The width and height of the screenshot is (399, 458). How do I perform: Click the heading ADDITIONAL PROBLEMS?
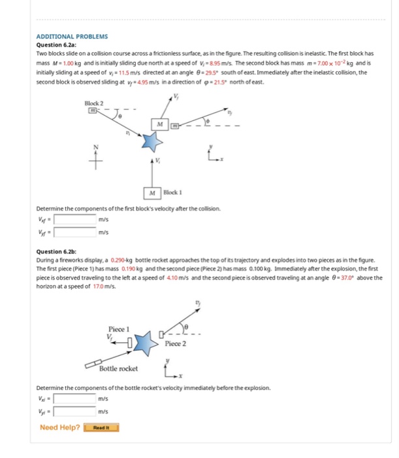pos(72,37)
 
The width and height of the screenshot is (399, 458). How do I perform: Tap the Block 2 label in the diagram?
pos(94,104)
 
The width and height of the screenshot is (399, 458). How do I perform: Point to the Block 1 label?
pos(172,193)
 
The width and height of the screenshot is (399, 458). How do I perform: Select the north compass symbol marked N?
pos(99,154)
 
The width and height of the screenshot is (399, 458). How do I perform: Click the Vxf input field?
pos(76,219)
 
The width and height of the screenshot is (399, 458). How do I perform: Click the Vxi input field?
pos(76,399)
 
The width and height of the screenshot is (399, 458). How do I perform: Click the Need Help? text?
pos(60,428)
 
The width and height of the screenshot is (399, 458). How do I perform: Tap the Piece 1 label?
pos(119,328)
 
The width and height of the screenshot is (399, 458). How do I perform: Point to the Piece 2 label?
pos(176,343)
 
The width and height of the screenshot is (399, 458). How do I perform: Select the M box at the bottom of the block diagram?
pos(152,193)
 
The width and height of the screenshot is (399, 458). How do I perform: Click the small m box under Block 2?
pos(93,112)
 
